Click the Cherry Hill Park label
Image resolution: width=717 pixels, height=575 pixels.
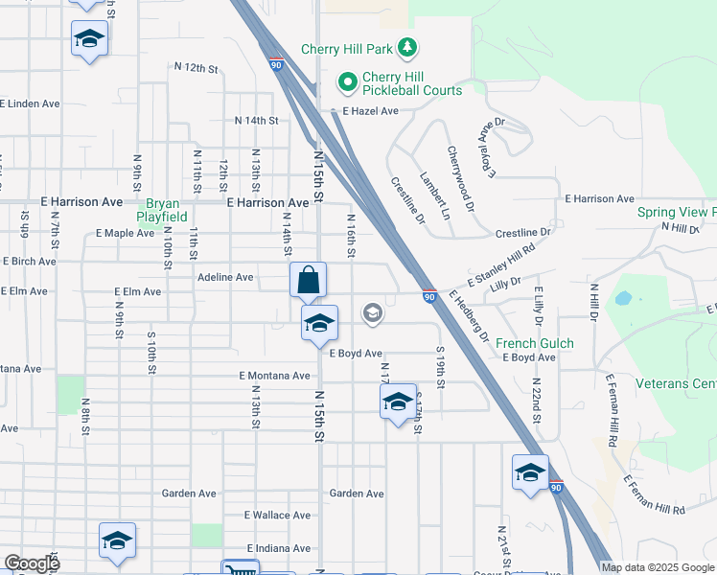[x=349, y=48]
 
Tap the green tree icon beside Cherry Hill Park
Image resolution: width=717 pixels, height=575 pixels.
[x=407, y=47]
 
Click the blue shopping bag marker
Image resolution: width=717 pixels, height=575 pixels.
[x=309, y=281]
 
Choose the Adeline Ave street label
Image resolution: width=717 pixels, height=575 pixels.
[x=225, y=277]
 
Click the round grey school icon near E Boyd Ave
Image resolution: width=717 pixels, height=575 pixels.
[x=372, y=312]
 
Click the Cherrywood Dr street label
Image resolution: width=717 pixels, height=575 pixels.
[x=459, y=178]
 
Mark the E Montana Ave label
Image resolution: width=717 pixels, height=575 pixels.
[x=275, y=376]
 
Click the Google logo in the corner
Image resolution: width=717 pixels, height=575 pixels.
[x=32, y=563]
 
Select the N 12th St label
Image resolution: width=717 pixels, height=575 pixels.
[x=197, y=68]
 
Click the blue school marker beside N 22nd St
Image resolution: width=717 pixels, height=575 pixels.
[x=530, y=473]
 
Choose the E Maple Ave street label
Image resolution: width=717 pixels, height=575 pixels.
[x=126, y=233]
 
